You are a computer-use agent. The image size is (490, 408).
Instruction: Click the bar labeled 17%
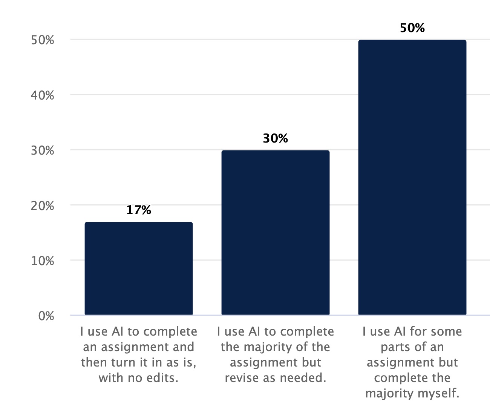(138, 268)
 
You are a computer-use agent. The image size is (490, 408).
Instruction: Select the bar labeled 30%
(275, 232)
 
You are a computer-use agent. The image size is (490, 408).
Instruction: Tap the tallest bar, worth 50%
(412, 177)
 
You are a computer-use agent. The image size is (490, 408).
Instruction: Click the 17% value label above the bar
(138, 210)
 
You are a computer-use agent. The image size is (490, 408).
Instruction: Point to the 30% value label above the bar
(275, 138)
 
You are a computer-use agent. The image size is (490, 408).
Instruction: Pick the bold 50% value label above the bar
(412, 28)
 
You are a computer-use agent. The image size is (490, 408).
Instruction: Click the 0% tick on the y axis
(46, 316)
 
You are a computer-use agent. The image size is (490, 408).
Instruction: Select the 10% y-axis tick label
(43, 261)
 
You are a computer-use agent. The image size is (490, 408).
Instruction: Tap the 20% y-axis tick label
(43, 206)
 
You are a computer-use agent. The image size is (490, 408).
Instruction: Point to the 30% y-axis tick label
(43, 150)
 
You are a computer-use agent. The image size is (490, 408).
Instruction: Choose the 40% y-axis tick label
(43, 95)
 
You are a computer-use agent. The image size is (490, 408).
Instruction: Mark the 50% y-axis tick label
(43, 40)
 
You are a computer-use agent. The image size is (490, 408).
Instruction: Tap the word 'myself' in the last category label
(439, 393)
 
